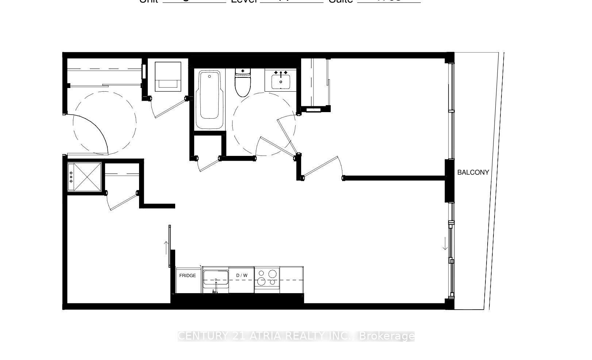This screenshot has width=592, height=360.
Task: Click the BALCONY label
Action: [473, 172]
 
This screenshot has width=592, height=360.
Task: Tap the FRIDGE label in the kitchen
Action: [187, 276]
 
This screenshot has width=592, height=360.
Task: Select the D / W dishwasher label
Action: [242, 276]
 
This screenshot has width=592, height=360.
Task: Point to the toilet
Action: [243, 83]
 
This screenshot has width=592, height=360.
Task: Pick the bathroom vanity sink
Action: [281, 80]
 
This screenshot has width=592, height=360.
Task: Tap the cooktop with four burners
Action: [267, 278]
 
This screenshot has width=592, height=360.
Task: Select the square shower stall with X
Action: [85, 177]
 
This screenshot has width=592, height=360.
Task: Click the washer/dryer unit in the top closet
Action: [168, 76]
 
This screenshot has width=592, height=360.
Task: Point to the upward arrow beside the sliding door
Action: [167, 248]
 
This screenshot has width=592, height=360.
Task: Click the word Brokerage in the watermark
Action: [387, 336]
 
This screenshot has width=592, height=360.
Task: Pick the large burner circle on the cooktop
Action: [261, 282]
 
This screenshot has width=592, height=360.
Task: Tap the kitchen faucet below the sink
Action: [215, 290]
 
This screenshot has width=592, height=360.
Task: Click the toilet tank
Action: [243, 71]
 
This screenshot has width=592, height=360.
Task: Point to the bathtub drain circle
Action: [209, 76]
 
